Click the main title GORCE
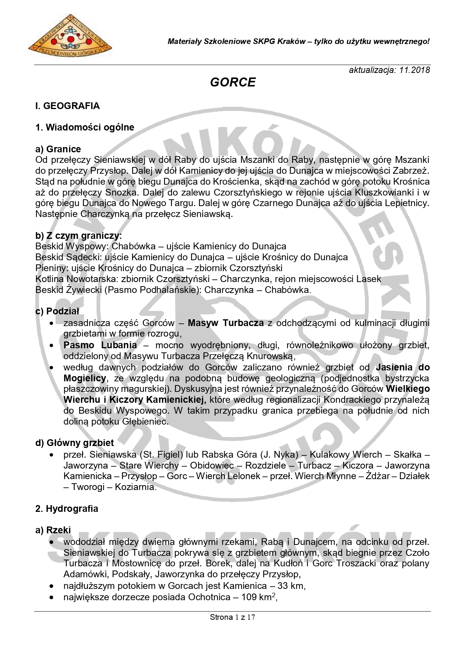click(233, 82)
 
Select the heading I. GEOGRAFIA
click(68, 106)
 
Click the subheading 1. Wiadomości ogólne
click(84, 127)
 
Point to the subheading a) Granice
click(58, 149)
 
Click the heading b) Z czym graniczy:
click(78, 236)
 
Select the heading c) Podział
click(57, 311)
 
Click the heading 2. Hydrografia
click(66, 509)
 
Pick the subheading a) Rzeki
click(53, 530)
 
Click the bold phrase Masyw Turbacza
click(226, 323)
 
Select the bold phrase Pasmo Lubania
click(100, 345)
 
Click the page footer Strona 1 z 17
click(232, 617)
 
